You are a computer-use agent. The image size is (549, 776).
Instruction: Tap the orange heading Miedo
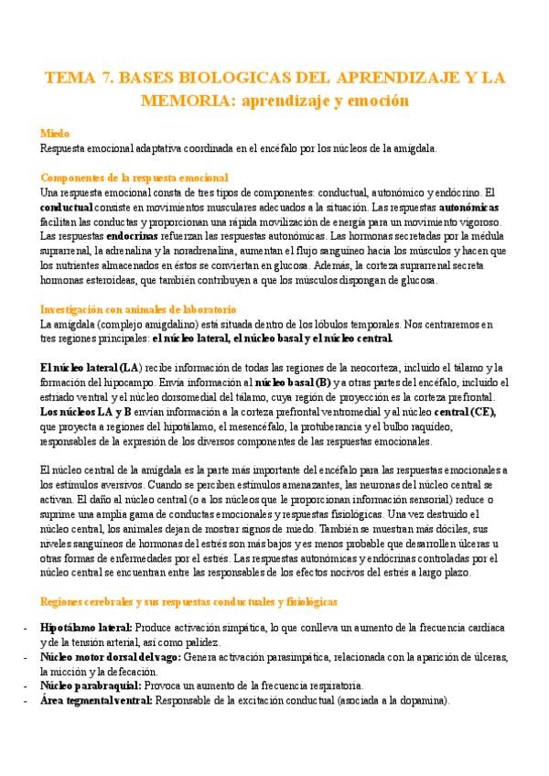tap(56, 133)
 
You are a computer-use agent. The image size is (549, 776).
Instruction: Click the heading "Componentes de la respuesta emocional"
tap(135, 178)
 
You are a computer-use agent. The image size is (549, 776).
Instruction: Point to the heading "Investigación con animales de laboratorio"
tap(139, 310)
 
